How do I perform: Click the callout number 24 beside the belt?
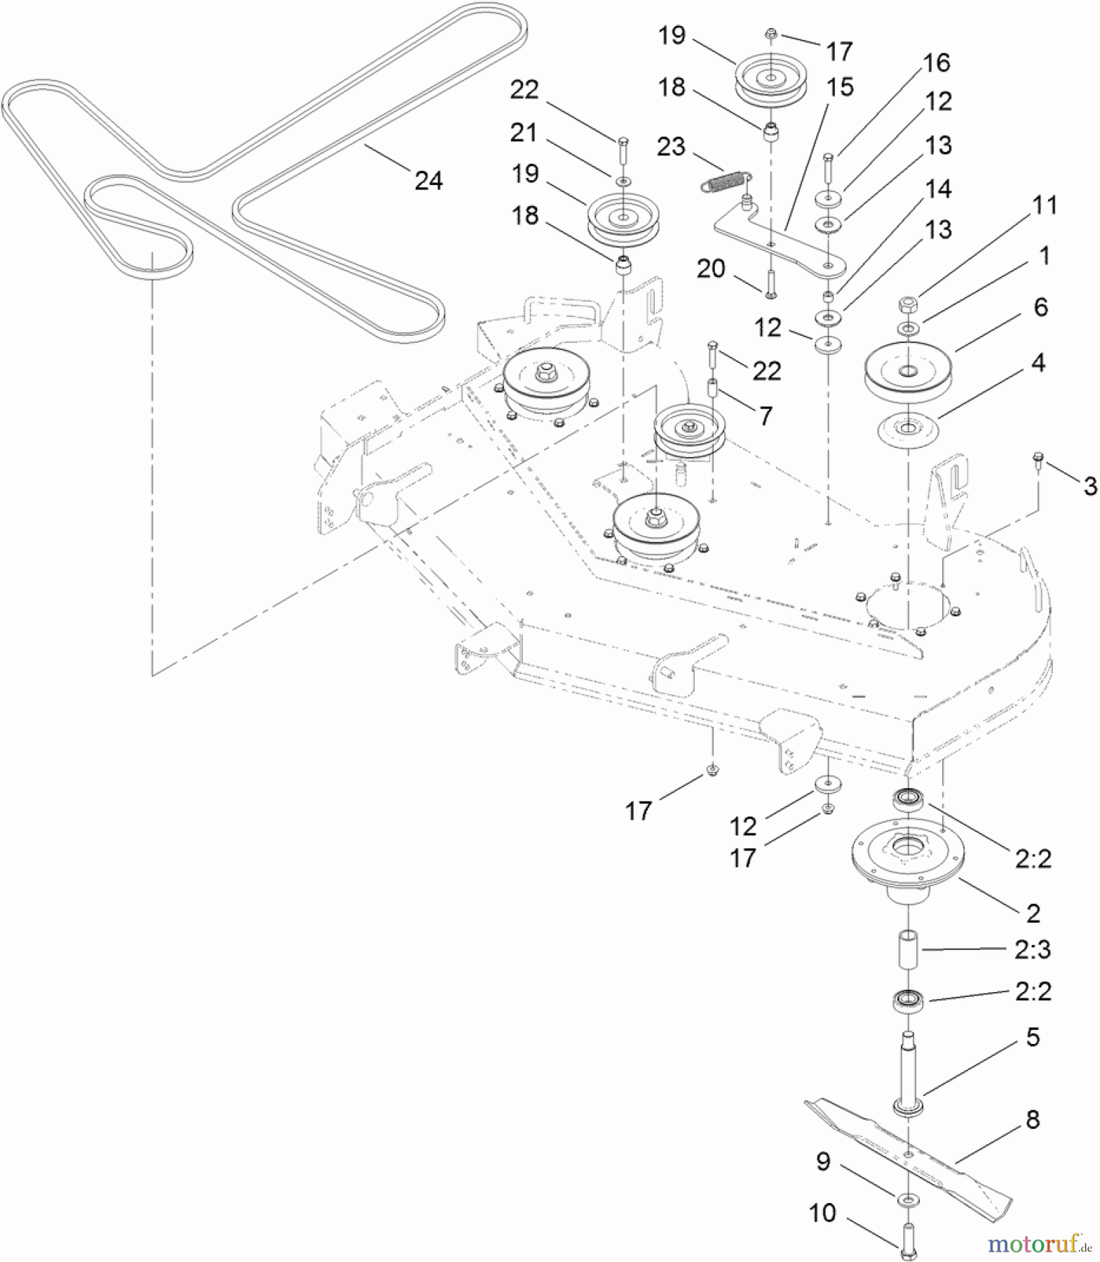click(x=428, y=181)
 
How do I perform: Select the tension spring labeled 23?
click(x=726, y=181)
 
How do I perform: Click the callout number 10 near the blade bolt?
click(x=822, y=1213)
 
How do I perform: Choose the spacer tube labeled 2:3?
click(x=909, y=950)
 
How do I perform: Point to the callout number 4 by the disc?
click(x=1038, y=363)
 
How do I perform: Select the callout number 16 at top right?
click(x=937, y=63)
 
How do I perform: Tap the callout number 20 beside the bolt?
click(x=710, y=269)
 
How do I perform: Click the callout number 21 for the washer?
click(x=523, y=133)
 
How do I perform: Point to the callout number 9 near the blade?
click(x=823, y=1162)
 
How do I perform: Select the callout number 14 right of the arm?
click(x=938, y=189)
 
